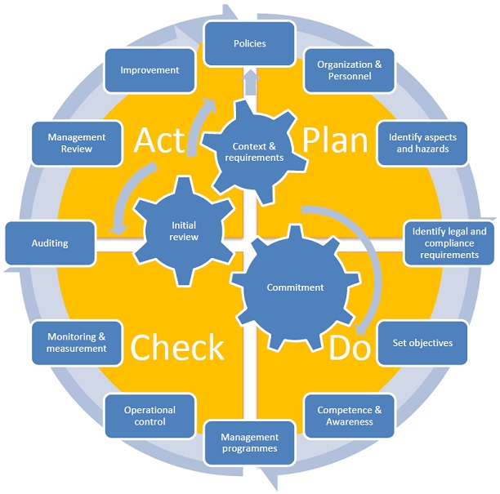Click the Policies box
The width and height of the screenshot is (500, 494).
[x=251, y=43]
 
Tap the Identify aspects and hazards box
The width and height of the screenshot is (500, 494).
[x=422, y=143]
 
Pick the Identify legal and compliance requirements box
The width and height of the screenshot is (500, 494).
[x=449, y=243]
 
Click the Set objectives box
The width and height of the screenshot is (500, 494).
[x=422, y=343]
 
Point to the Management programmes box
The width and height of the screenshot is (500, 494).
[x=250, y=443]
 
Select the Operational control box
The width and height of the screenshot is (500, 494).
[x=150, y=416]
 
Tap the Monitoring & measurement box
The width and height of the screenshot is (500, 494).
[x=77, y=342]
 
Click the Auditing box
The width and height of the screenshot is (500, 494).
[x=50, y=243]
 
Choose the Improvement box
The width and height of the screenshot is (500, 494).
[x=150, y=70]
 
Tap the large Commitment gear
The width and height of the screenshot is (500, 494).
[x=295, y=287]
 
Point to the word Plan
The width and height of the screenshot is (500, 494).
[x=335, y=140]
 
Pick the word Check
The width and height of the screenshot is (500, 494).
[x=177, y=347]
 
